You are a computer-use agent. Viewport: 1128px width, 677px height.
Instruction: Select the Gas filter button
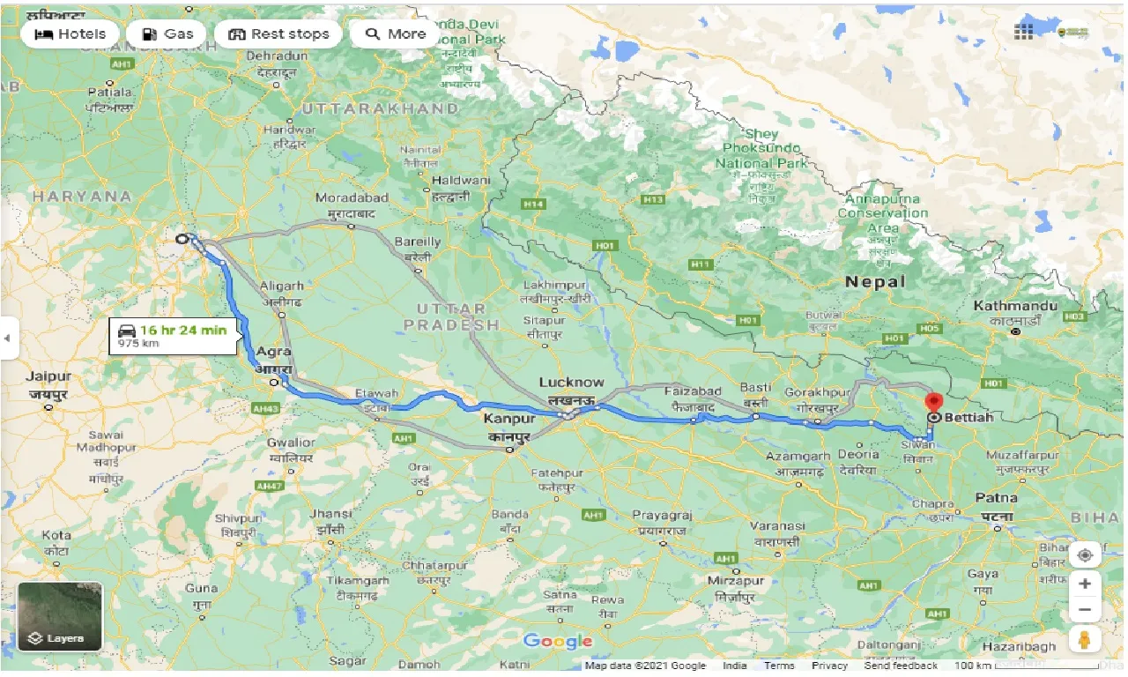point(167,34)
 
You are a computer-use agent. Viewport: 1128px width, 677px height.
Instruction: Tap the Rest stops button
point(278,34)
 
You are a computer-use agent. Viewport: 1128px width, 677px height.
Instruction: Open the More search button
point(396,34)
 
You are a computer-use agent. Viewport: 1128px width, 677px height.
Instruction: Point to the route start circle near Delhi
point(182,239)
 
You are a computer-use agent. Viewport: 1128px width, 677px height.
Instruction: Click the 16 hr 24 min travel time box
point(173,336)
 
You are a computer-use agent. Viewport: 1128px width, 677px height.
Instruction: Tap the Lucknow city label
point(571,383)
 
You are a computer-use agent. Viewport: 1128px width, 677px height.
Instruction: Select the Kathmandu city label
point(1015,306)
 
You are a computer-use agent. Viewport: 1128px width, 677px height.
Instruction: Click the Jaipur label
point(48,376)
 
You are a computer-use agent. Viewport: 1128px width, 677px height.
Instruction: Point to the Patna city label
point(997,498)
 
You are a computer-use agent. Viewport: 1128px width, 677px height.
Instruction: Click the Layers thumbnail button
point(61,615)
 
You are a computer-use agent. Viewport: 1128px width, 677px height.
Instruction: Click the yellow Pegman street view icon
point(1085,640)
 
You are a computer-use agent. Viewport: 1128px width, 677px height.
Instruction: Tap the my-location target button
point(1085,555)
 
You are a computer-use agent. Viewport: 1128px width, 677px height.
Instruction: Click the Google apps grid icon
point(1023,32)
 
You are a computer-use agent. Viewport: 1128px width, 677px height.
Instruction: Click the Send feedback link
point(902,666)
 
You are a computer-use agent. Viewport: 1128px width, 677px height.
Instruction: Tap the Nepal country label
point(874,282)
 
